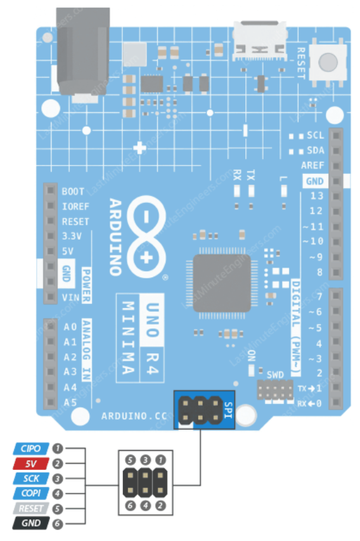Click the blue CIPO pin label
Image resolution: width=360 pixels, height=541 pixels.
point(31,448)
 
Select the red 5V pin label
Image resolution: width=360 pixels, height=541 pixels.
point(31,464)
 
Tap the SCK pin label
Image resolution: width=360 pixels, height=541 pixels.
point(31,479)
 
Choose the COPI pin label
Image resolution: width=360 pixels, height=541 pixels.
point(31,493)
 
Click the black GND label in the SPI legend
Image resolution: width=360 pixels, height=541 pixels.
point(31,523)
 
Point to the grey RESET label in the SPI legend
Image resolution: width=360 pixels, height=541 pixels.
point(31,509)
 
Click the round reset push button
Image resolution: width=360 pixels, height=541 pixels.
point(328,62)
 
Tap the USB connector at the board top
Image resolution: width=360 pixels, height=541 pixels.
point(260,41)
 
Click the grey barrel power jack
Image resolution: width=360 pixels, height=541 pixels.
point(83,52)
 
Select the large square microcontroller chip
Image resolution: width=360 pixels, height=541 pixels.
point(222,284)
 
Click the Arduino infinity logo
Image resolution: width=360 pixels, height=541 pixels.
point(146,237)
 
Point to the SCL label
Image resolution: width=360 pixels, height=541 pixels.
point(316,135)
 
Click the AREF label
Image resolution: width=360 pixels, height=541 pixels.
point(312,166)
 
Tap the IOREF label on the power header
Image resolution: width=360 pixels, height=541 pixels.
point(75,207)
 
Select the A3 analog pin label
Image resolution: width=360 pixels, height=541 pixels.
point(70,372)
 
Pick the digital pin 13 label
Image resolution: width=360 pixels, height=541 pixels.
point(316,196)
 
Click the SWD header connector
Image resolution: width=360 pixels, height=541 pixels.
point(275,390)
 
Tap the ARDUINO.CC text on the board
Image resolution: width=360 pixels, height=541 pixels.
point(134,416)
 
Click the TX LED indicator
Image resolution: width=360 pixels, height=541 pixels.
point(252,191)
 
